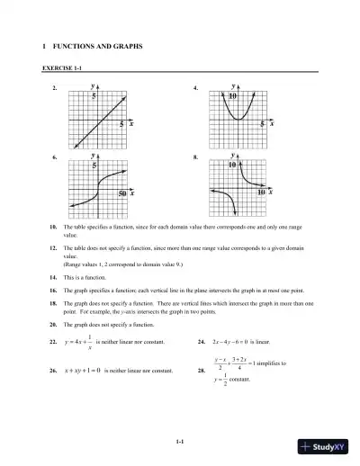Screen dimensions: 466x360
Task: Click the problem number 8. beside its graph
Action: [x=196, y=157]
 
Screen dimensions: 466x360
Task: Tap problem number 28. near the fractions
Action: [x=199, y=371]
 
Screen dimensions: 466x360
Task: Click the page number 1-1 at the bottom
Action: [x=180, y=440]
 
